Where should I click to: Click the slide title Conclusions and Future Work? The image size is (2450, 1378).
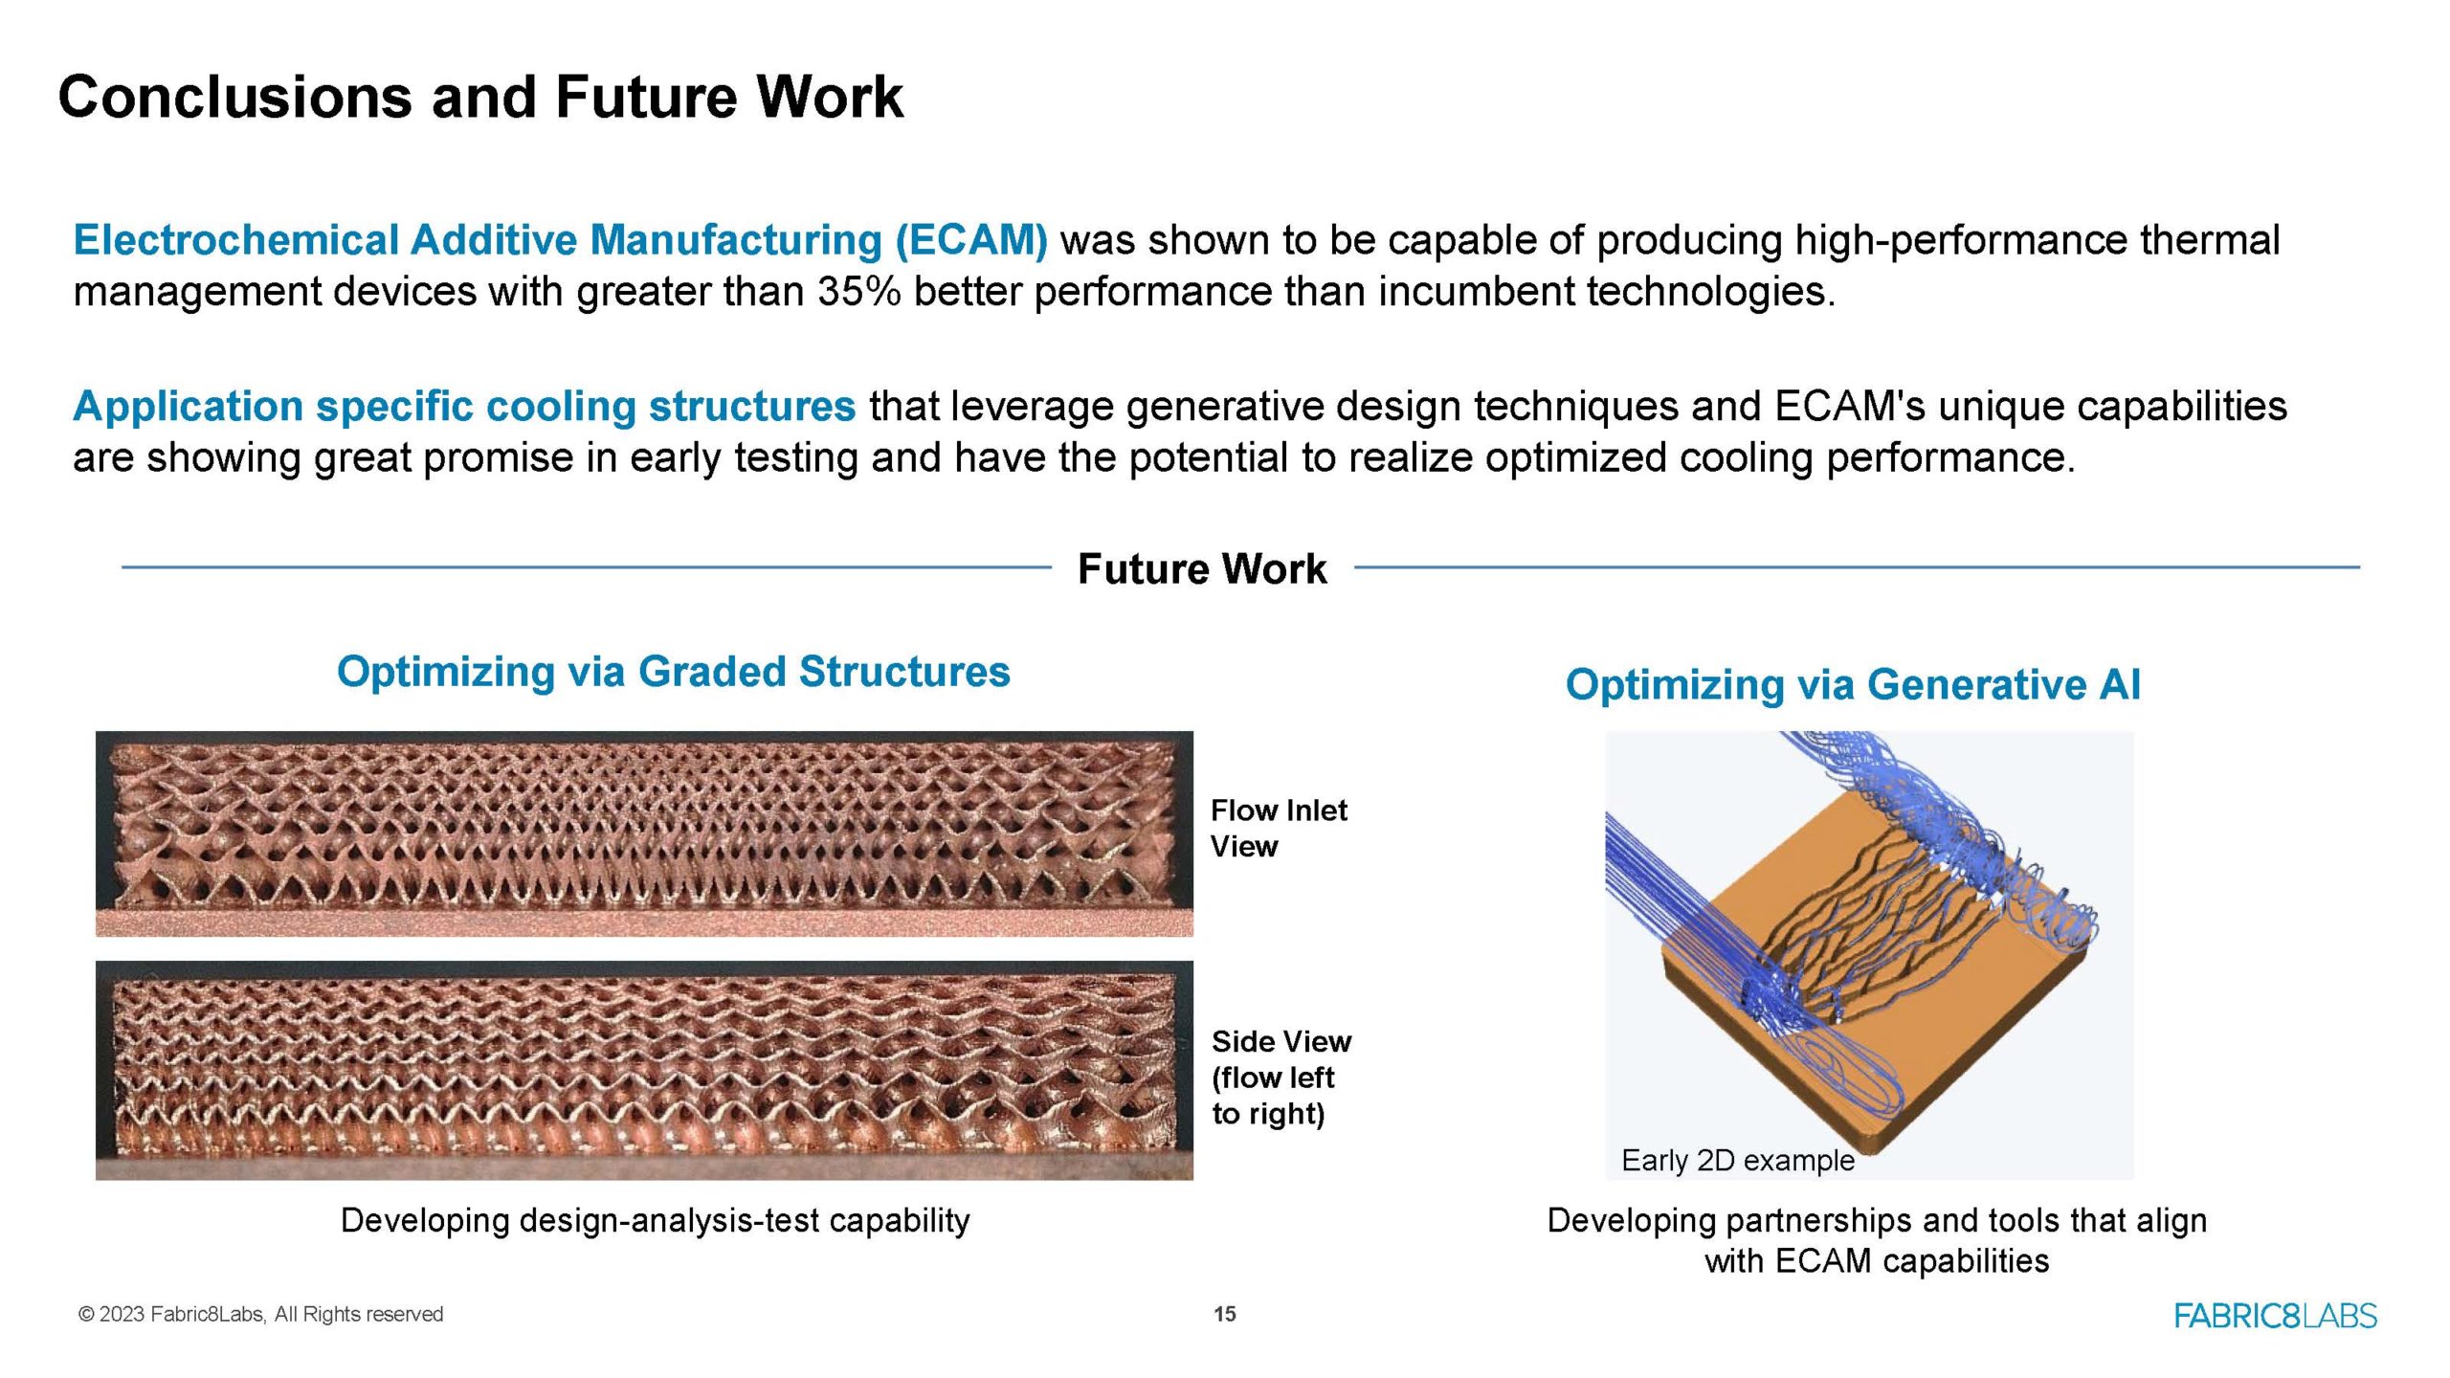pyautogui.click(x=480, y=97)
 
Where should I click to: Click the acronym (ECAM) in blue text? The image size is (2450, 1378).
pyautogui.click(x=971, y=240)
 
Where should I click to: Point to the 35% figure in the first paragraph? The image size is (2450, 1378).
pyautogui.click(x=858, y=291)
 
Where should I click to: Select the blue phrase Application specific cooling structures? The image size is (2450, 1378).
pyautogui.click(x=464, y=407)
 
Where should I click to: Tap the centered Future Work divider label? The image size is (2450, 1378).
pyautogui.click(x=1202, y=568)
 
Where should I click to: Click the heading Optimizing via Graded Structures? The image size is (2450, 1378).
pyautogui.click(x=673, y=672)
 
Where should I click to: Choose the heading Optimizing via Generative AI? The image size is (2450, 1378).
pyautogui.click(x=1853, y=684)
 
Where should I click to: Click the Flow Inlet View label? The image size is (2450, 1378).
pyautogui.click(x=1279, y=829)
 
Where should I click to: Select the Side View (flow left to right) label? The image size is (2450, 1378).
pyautogui.click(x=1281, y=1078)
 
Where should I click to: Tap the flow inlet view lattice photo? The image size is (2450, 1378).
pyautogui.click(x=644, y=833)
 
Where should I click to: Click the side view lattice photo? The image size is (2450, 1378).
pyautogui.click(x=644, y=1070)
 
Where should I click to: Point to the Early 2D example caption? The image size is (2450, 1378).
pyautogui.click(x=1738, y=1161)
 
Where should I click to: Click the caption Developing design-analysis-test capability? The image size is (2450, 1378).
pyautogui.click(x=656, y=1221)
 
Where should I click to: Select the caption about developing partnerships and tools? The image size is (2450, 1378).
pyautogui.click(x=1877, y=1240)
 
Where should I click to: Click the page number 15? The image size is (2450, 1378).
pyautogui.click(x=1225, y=1315)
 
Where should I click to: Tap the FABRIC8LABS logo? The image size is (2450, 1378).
pyautogui.click(x=2276, y=1316)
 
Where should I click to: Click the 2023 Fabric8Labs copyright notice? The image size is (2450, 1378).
pyautogui.click(x=260, y=1315)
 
